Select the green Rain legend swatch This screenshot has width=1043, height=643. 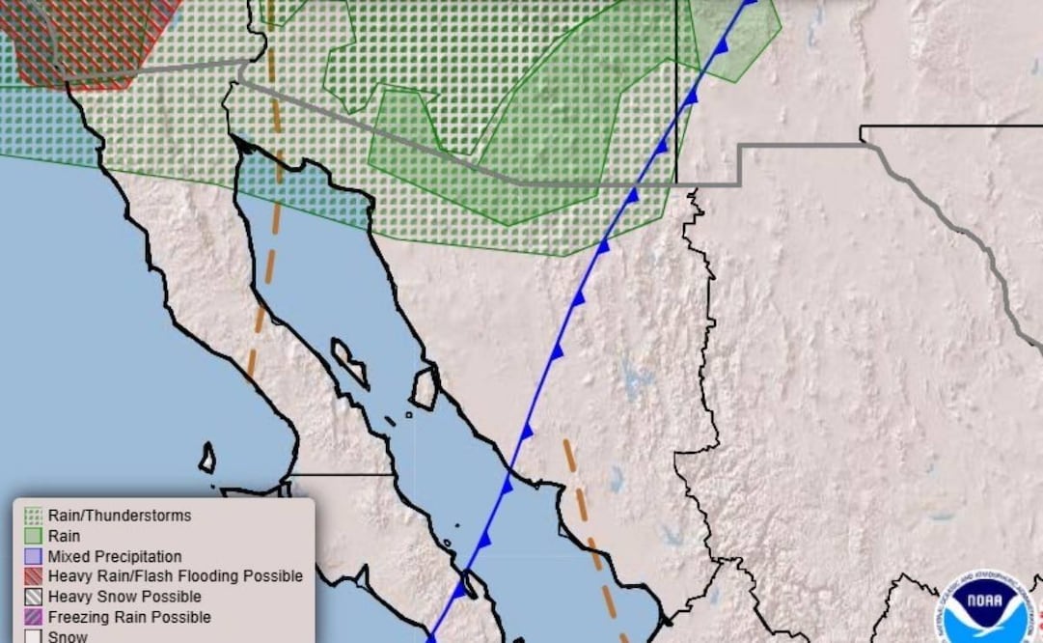point(33,536)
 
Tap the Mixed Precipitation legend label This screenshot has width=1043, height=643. point(114,556)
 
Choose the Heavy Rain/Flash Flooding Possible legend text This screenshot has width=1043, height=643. point(175,576)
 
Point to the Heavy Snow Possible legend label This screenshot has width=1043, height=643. point(124,597)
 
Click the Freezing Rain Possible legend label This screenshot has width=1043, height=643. point(129,617)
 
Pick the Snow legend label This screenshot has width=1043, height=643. point(68,636)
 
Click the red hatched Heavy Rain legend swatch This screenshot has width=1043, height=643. point(33,576)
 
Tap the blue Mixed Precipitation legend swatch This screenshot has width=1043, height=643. point(33,556)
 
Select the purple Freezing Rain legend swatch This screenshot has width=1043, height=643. point(33,617)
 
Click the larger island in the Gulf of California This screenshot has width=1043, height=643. point(425,387)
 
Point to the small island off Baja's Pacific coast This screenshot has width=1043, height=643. point(207,458)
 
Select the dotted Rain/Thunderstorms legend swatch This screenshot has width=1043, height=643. point(33,516)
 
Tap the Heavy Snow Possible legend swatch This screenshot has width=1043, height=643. point(33,597)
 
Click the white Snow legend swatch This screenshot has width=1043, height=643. point(33,636)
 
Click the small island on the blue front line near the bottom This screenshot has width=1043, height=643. point(471,584)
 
